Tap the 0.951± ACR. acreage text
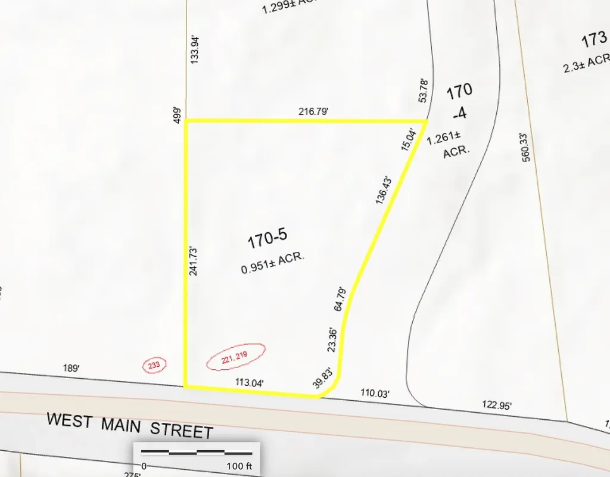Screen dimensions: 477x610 273,264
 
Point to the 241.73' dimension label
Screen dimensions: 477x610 192,261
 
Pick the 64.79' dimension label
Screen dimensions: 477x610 340,298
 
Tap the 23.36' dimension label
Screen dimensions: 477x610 333,341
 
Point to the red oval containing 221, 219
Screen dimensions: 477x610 235,357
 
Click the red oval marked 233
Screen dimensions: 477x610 154,365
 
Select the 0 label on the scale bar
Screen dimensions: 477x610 144,465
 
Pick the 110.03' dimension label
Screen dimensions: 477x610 375,393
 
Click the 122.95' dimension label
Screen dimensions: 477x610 497,406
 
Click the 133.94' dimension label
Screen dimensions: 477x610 194,48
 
